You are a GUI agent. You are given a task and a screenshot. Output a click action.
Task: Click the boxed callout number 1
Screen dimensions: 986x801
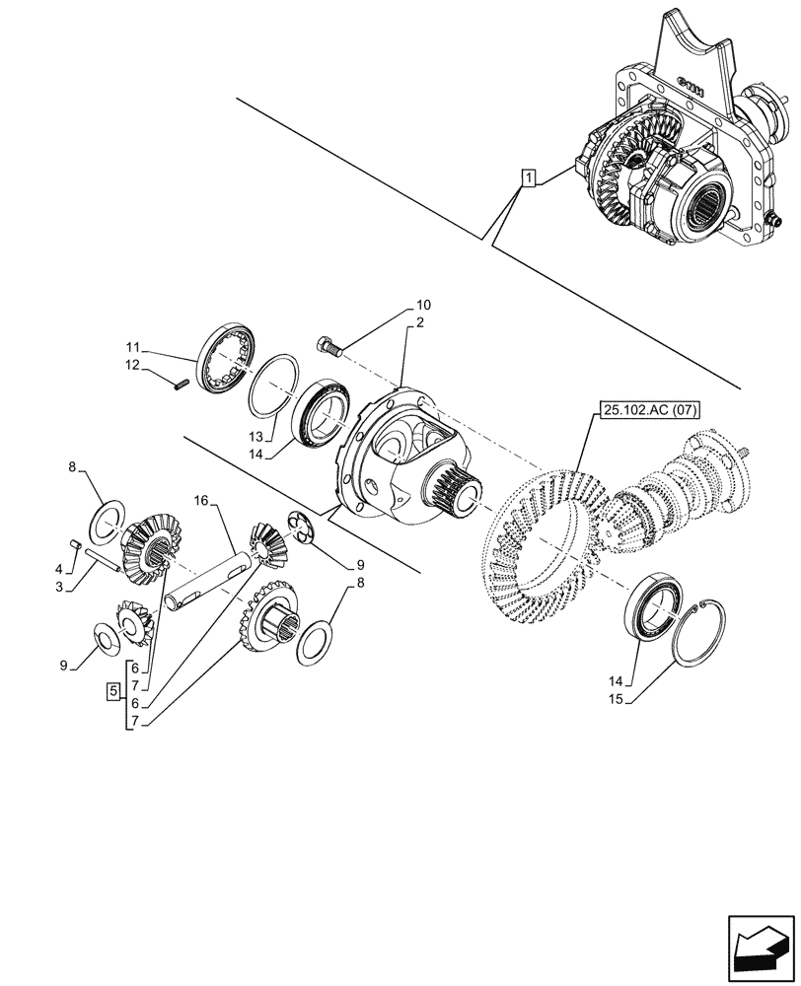[x=530, y=178]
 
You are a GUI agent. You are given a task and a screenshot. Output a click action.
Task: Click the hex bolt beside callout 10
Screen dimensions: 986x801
[x=328, y=345]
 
